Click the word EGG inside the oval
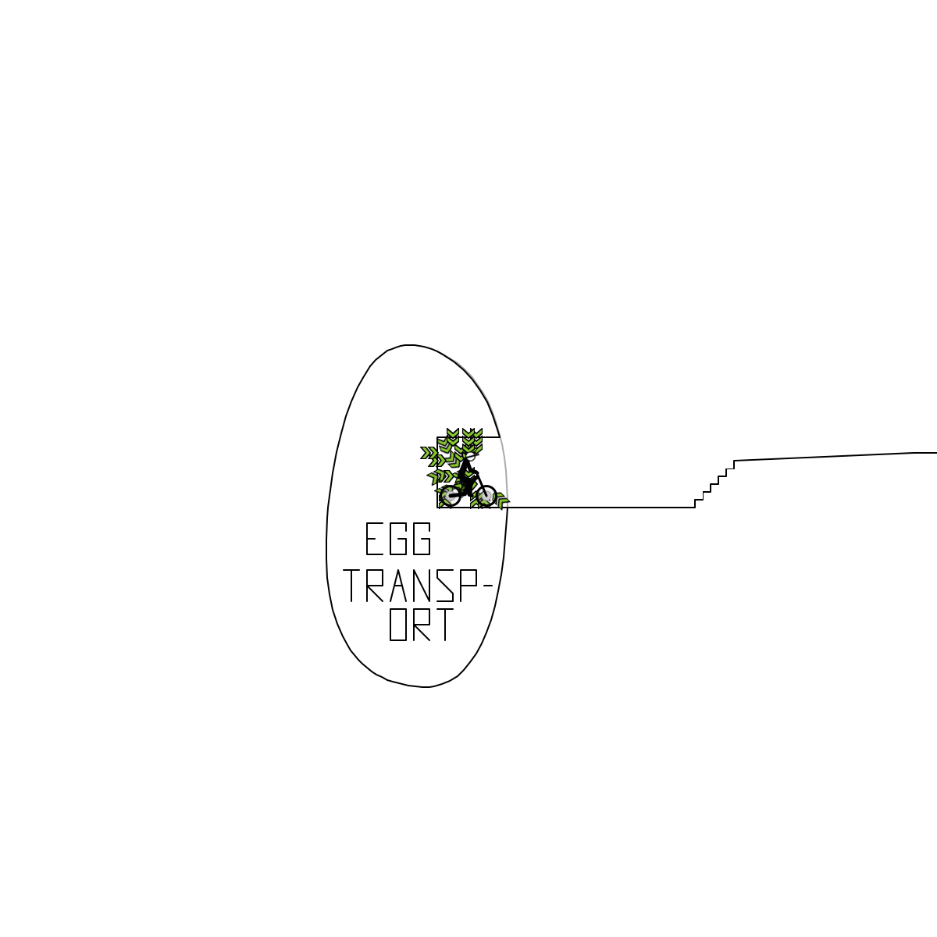(x=398, y=539)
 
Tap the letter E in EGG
(x=374, y=539)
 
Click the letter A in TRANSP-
(x=398, y=586)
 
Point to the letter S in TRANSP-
(x=445, y=586)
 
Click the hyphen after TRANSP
(x=489, y=586)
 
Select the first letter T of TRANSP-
(x=351, y=586)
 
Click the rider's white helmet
(x=470, y=457)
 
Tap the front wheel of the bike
(x=486, y=496)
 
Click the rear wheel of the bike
(x=450, y=497)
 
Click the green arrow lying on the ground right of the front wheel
(x=502, y=501)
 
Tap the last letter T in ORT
(x=445, y=625)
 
